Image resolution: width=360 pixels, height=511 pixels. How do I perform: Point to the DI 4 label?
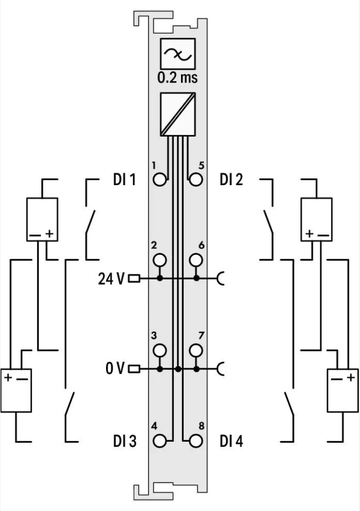click(x=232, y=441)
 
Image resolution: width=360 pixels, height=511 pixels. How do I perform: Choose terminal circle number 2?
click(x=160, y=260)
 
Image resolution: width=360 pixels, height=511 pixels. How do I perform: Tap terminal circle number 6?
click(x=195, y=260)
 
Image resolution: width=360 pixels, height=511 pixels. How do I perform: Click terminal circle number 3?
click(x=160, y=350)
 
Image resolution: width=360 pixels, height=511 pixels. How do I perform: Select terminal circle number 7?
click(x=195, y=350)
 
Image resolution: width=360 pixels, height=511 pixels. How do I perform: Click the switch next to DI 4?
click(x=290, y=406)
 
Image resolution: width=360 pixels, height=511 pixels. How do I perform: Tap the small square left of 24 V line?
click(x=135, y=279)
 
